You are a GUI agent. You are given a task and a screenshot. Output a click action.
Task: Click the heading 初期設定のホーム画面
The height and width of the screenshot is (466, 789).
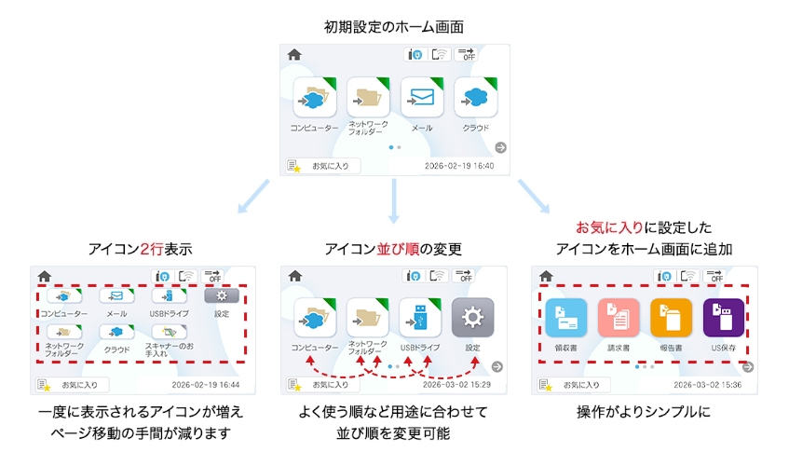[x=394, y=26]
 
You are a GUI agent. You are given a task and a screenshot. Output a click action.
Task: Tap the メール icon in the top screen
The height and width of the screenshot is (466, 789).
[x=422, y=97]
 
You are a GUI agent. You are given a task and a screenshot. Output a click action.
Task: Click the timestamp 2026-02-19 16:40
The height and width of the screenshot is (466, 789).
[x=458, y=166]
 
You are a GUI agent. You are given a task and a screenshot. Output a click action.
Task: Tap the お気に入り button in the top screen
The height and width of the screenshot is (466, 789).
[x=323, y=166]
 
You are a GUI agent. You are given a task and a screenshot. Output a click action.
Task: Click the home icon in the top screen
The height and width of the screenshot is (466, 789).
[x=294, y=55]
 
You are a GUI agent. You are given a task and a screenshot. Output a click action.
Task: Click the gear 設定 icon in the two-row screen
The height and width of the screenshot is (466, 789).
[x=222, y=295]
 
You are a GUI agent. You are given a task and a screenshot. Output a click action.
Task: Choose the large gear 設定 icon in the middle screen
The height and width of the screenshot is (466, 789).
[x=472, y=319]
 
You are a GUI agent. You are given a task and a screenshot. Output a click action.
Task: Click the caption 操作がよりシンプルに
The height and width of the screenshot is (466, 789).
[x=644, y=411]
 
